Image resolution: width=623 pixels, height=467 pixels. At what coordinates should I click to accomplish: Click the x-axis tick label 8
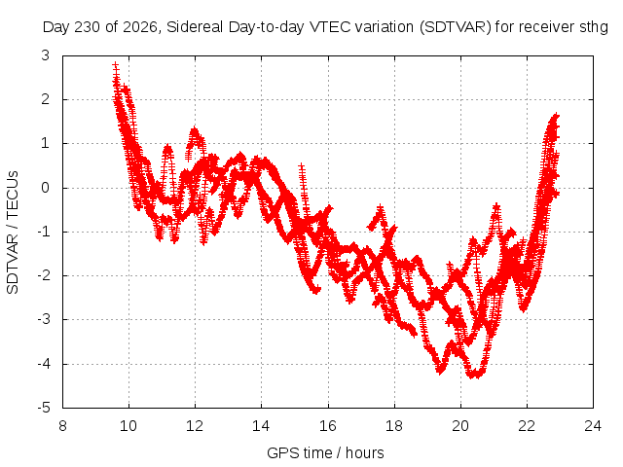point(62,426)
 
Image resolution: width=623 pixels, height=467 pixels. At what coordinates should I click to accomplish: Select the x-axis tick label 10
point(128,426)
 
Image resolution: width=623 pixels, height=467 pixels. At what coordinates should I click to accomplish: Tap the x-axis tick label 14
point(261,426)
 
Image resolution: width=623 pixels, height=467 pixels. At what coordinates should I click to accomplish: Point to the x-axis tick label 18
point(394,426)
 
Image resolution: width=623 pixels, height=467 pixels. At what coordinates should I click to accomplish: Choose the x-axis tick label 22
point(527,426)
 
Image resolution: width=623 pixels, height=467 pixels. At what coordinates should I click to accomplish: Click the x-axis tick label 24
point(593,426)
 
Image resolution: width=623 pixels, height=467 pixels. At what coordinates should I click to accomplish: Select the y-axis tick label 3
point(46,55)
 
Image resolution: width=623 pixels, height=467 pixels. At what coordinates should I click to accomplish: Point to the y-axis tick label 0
point(46,188)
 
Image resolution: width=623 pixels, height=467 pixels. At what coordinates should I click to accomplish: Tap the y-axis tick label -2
point(44,275)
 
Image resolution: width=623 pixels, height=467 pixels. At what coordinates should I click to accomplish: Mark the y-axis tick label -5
point(44,408)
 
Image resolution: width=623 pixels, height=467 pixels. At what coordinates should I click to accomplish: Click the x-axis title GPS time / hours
point(325,453)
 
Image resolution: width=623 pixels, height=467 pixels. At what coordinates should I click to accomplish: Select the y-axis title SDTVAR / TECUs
point(13,233)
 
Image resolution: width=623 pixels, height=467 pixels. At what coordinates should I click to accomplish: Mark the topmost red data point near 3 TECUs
point(115,65)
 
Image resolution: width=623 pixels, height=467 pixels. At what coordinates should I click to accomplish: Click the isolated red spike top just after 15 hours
point(302,166)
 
